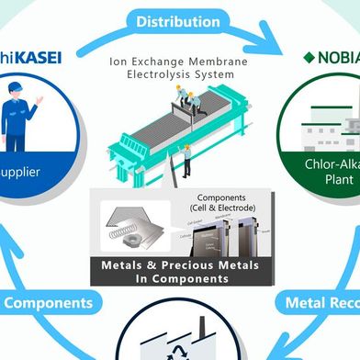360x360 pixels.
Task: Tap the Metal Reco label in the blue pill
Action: [321, 301]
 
